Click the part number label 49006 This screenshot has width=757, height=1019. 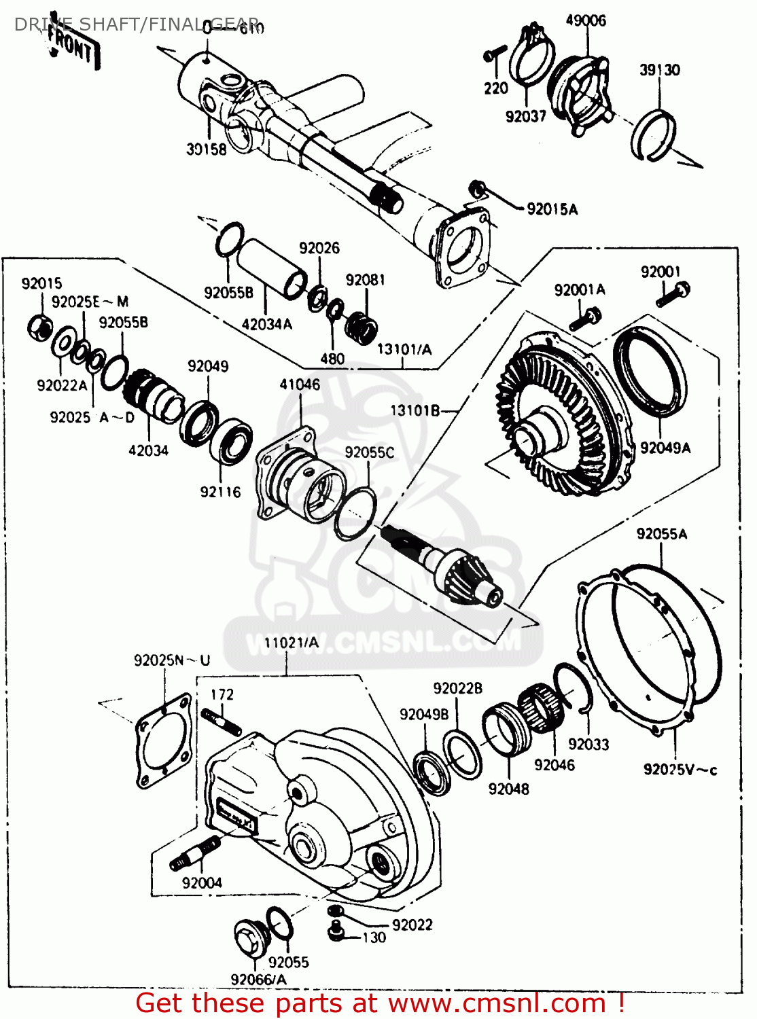point(585,20)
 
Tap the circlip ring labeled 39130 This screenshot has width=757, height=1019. point(653,135)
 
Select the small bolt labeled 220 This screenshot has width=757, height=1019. point(495,53)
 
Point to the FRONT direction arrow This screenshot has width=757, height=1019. point(71,48)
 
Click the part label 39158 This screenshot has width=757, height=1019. point(207,149)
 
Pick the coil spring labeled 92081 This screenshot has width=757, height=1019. point(362,325)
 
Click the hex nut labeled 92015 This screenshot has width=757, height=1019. point(40,327)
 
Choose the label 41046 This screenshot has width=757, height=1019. point(300,385)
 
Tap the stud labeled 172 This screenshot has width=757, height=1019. point(220,721)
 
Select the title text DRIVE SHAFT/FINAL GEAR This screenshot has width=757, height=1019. point(136,24)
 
